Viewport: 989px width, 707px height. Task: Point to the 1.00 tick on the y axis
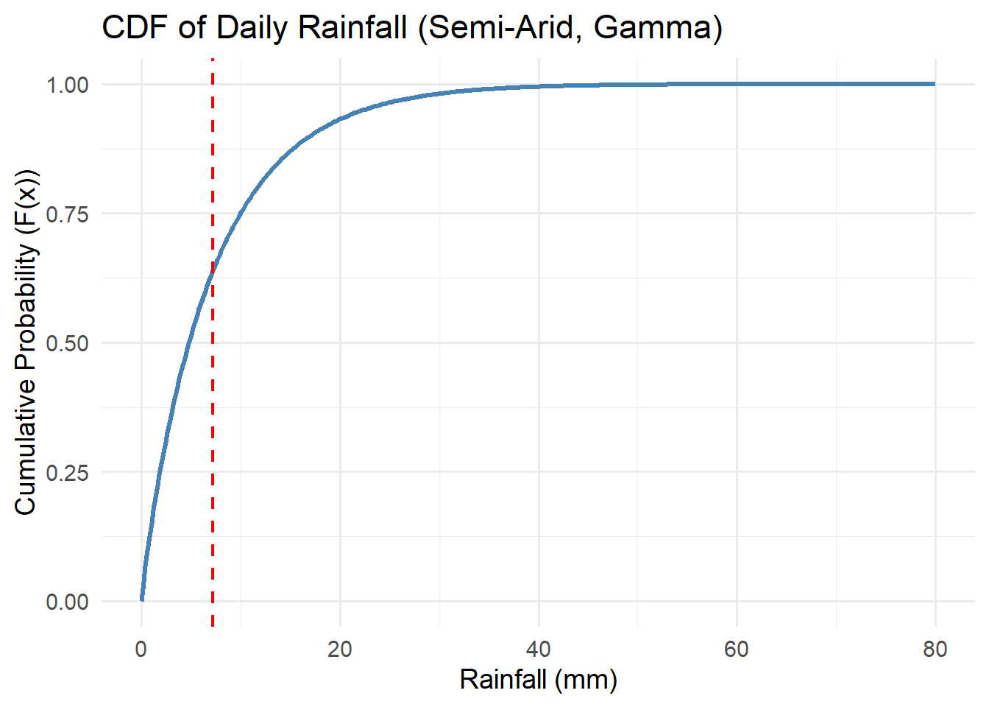(68, 85)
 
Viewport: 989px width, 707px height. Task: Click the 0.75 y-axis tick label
(68, 214)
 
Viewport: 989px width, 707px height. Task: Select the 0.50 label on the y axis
(68, 343)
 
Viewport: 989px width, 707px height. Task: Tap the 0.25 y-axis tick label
(68, 472)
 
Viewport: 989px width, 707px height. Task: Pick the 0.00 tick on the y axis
(68, 602)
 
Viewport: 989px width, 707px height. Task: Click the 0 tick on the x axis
(141, 649)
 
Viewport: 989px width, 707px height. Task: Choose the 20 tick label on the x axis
(340, 649)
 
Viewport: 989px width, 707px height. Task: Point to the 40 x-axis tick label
(539, 649)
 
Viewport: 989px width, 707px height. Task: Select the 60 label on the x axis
(737, 649)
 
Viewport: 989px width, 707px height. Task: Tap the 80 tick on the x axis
(935, 649)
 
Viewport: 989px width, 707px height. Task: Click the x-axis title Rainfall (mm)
(539, 679)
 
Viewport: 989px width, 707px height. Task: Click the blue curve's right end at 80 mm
(935, 84)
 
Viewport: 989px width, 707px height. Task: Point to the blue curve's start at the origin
(142, 600)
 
